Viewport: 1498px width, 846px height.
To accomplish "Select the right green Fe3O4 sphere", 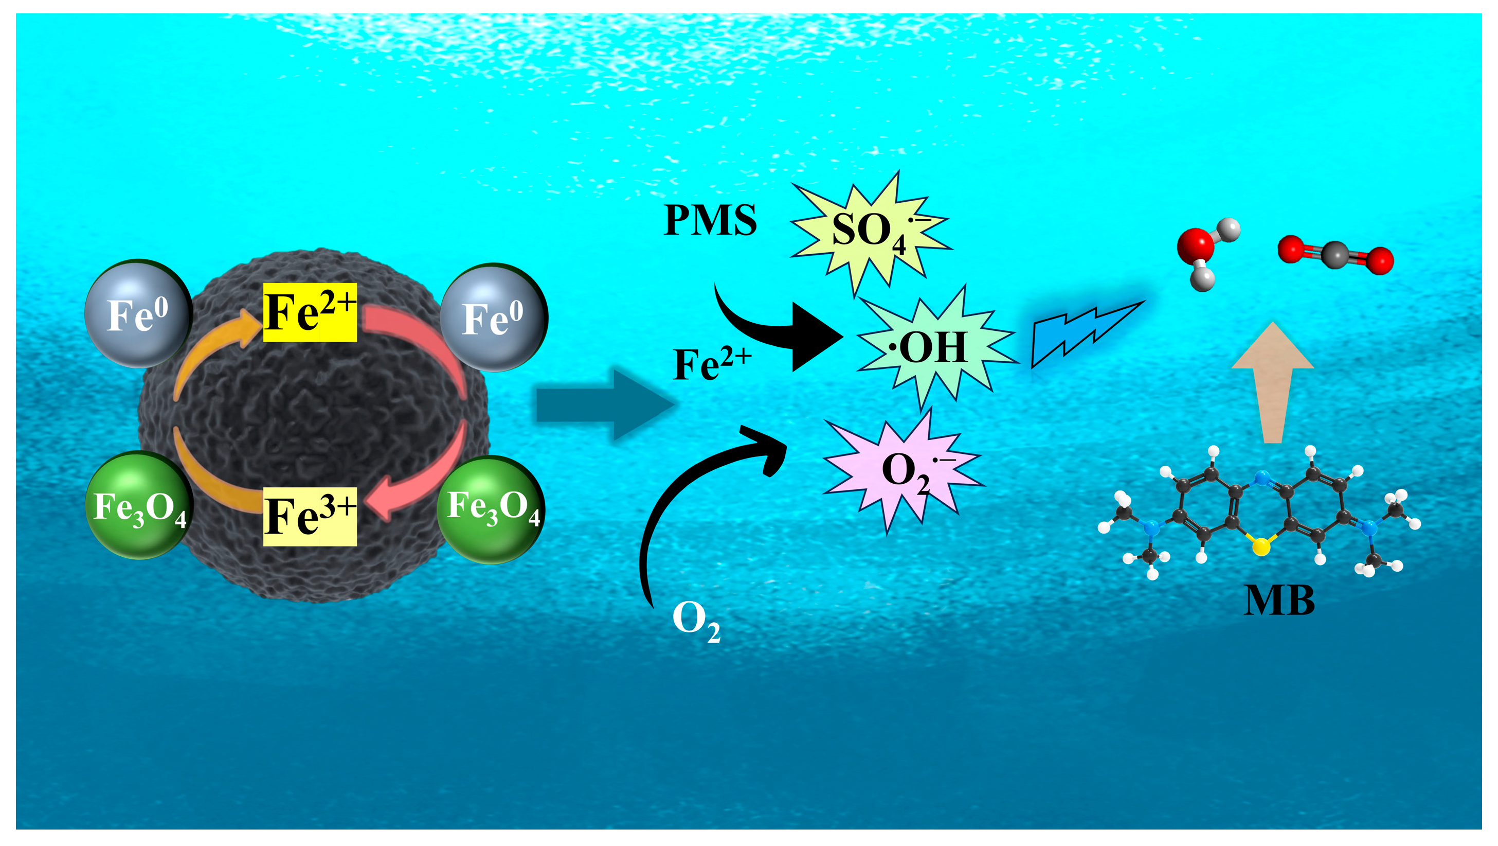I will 492,509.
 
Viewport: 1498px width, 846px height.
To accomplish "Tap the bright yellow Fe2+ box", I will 310,312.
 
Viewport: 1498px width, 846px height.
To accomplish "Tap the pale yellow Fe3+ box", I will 310,516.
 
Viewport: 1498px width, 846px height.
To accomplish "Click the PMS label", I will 710,220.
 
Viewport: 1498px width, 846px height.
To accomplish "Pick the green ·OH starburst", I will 933,348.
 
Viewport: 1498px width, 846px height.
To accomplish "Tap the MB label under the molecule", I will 1279,600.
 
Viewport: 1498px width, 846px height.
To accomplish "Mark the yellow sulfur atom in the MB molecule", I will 1260,547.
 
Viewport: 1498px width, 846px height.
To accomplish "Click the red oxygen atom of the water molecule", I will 1195,245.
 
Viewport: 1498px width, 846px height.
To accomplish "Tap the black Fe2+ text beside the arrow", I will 711,364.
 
